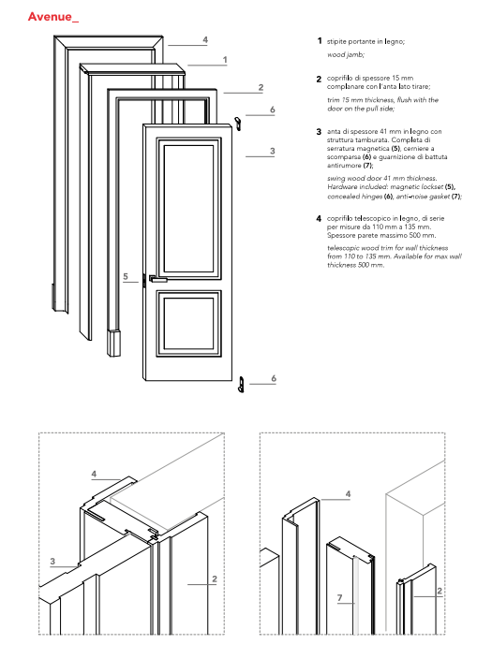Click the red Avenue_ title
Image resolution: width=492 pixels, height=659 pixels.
point(53,17)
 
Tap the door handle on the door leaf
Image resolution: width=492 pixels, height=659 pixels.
point(157,278)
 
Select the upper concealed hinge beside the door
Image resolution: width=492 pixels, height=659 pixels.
point(238,124)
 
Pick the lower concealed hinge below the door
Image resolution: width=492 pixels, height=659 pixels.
point(241,385)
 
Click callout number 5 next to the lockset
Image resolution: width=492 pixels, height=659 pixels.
point(126,276)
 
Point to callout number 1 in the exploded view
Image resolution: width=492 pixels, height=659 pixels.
point(225,60)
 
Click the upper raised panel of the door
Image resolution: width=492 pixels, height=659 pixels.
point(189,209)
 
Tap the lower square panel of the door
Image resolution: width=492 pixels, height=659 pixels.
point(189,324)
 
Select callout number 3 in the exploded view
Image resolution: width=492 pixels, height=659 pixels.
point(273,151)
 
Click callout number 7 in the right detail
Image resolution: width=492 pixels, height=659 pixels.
point(340,597)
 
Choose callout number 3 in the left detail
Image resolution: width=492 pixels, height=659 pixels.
point(52,561)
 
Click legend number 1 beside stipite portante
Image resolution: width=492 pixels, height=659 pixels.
point(320,41)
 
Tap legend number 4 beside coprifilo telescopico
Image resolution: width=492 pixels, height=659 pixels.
point(319,218)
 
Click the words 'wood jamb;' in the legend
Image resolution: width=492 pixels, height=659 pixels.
point(346,54)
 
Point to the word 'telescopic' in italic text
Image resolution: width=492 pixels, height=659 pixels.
point(341,248)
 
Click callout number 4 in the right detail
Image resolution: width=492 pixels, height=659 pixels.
point(348,494)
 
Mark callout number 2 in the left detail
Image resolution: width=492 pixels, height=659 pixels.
point(215,578)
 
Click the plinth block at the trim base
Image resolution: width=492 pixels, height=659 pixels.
point(113,343)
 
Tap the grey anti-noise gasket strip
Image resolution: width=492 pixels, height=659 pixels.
point(355,595)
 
